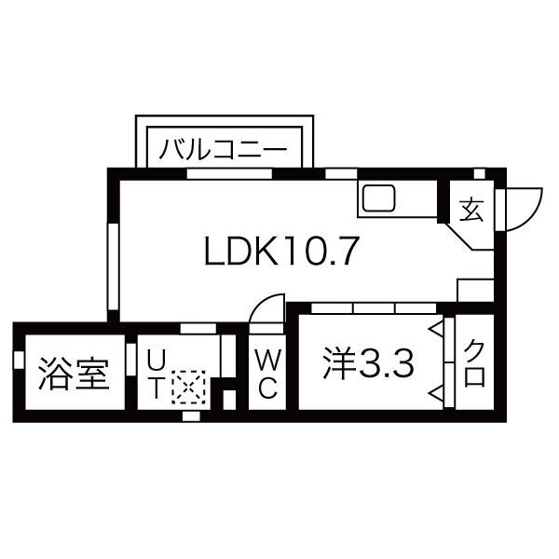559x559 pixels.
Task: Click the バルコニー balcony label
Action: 223,149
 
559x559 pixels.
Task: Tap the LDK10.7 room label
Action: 281,251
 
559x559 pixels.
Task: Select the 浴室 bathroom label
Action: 74,373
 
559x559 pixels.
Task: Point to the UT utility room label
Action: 156,374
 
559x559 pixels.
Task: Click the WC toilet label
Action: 267,374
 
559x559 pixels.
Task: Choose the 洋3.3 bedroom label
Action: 368,364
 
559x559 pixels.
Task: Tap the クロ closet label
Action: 475,363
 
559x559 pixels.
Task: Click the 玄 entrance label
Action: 471,210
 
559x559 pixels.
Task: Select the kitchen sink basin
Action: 378,198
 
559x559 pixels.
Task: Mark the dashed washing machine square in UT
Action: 188,388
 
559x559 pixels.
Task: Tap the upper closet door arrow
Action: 436,329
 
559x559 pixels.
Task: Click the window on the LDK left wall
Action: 113,266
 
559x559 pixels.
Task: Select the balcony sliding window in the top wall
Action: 229,173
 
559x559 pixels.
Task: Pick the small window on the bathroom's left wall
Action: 19,360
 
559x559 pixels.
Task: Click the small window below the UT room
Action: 191,416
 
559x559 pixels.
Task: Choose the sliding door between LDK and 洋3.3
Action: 374,307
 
